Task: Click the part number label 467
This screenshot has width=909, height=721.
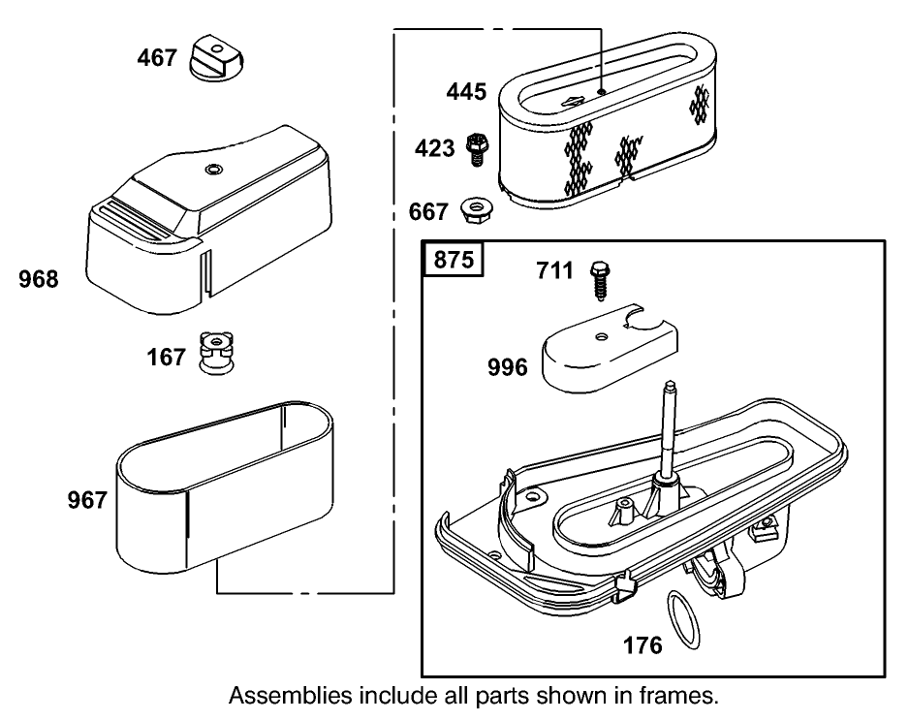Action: pos(156,57)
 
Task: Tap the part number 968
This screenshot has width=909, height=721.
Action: pos(39,280)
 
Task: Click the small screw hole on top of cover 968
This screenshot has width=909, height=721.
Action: pos(210,170)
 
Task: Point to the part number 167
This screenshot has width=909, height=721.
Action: pos(166,358)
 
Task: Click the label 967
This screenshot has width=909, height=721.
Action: pos(87,500)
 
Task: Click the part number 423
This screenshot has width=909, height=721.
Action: pos(434,148)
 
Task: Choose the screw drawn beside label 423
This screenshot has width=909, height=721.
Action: pos(476,148)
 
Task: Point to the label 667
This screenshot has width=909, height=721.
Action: pos(428,211)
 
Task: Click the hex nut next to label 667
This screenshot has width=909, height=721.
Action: pos(475,207)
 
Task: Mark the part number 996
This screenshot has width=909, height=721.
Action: pos(508,367)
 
